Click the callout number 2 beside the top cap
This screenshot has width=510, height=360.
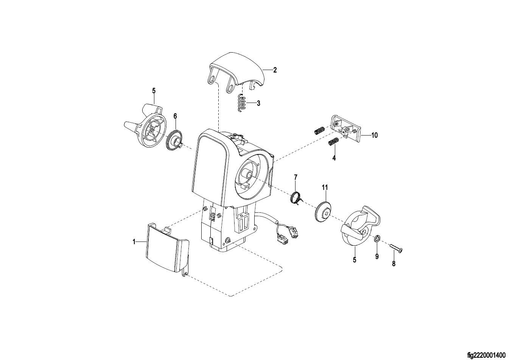[x=275, y=70]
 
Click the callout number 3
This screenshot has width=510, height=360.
[x=258, y=103]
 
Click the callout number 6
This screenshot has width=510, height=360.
[x=175, y=116]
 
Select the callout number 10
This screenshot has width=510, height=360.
[x=374, y=135]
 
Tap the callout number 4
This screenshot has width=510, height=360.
[x=334, y=158]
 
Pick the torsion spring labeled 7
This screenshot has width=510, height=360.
[x=296, y=198]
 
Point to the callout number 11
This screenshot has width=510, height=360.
[x=325, y=187]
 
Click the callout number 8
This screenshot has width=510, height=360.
[x=393, y=264]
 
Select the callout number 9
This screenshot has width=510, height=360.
[x=377, y=257]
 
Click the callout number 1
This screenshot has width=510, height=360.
[x=134, y=242]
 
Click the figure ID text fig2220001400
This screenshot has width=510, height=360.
[x=486, y=355]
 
